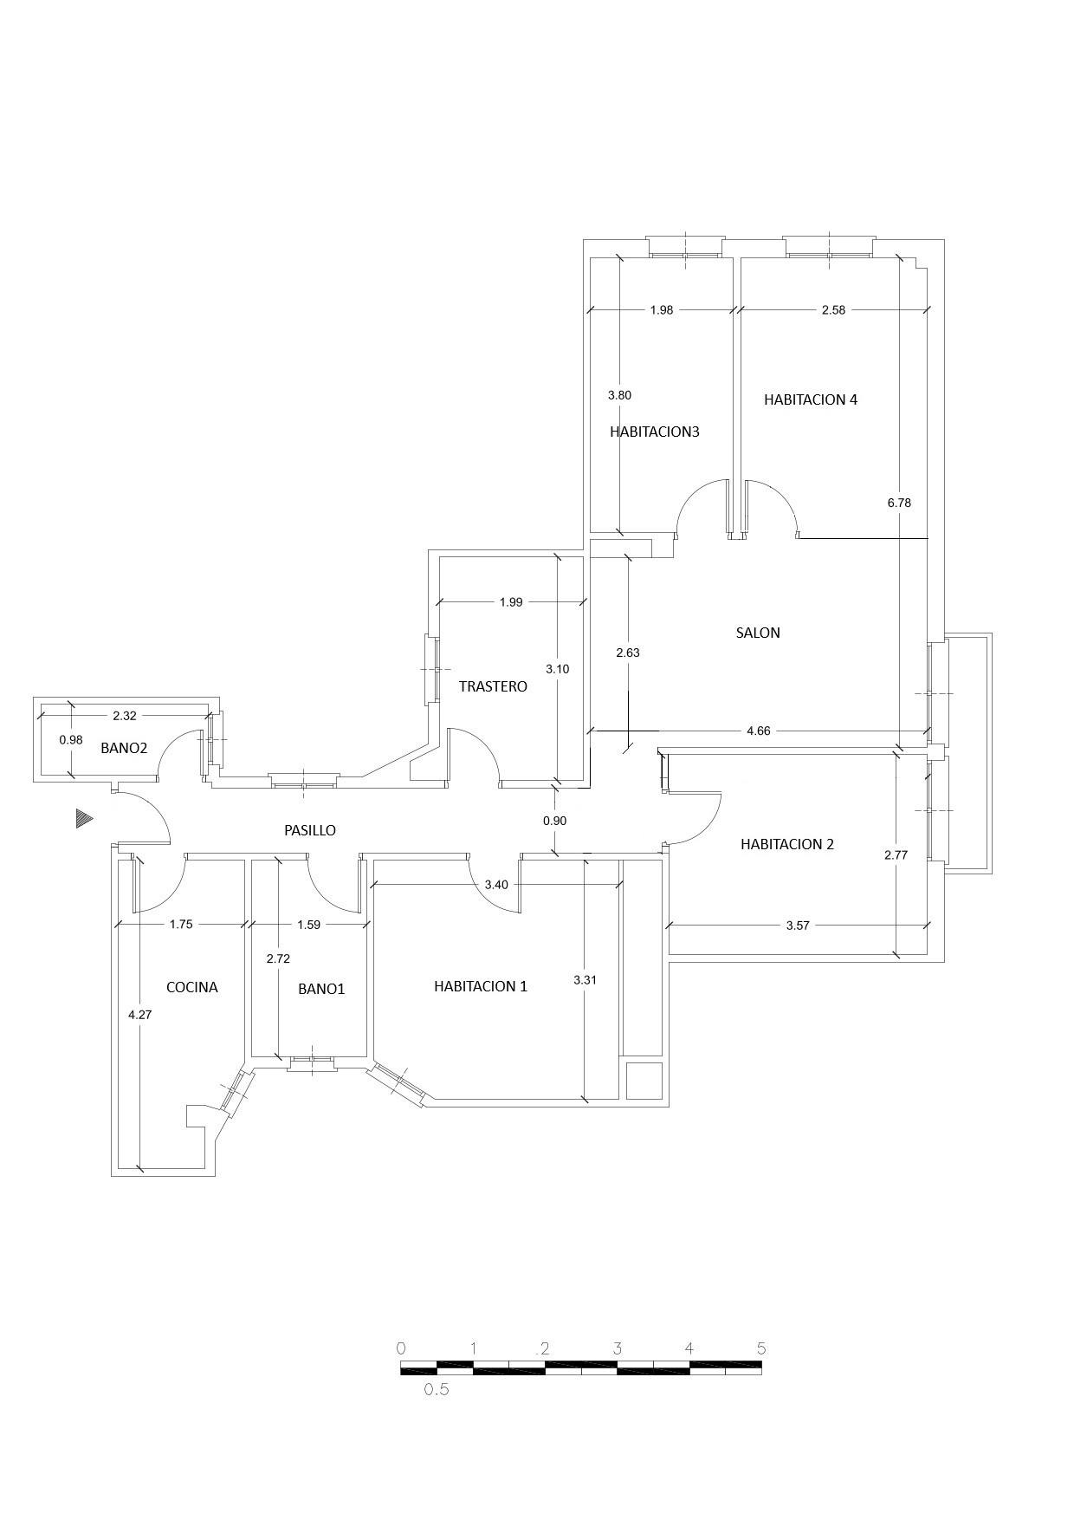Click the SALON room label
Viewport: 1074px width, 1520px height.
point(758,633)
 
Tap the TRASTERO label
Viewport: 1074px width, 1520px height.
point(493,686)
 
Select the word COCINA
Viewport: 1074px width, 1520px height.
point(191,987)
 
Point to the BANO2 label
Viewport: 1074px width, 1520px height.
point(124,748)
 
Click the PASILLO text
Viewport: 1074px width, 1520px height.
point(310,830)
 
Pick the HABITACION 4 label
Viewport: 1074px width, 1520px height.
point(811,399)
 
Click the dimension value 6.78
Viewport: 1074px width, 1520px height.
point(899,503)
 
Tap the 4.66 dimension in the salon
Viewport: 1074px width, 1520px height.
point(758,731)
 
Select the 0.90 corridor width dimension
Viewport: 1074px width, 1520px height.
point(554,821)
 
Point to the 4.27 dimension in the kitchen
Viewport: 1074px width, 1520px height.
point(139,1014)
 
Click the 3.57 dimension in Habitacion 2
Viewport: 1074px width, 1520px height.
point(797,926)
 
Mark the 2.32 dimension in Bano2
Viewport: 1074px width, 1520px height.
point(125,716)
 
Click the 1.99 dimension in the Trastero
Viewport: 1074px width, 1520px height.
point(511,602)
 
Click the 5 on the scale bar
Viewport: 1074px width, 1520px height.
point(761,1348)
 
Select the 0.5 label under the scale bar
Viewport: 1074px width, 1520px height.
point(436,1390)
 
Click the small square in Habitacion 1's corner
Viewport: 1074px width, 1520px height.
point(643,1080)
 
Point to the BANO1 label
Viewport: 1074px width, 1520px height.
point(321,989)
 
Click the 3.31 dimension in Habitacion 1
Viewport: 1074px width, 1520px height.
point(585,980)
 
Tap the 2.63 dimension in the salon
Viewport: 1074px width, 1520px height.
point(627,653)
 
